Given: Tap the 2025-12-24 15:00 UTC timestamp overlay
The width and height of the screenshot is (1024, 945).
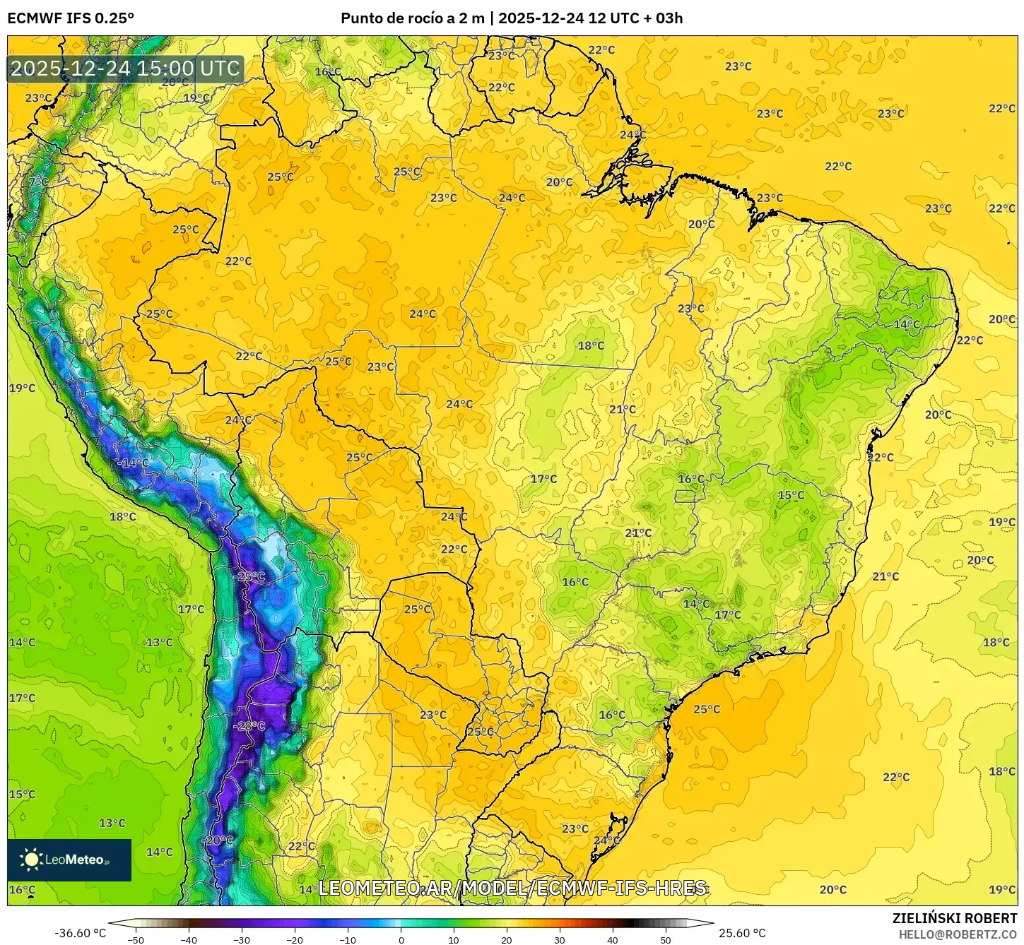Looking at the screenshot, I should point(125,69).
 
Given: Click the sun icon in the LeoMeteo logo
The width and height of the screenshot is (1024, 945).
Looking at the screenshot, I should point(31,860).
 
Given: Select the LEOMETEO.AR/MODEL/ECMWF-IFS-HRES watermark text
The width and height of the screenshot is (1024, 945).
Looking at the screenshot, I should point(512,888).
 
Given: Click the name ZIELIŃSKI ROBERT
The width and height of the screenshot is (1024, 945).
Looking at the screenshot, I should point(955,918).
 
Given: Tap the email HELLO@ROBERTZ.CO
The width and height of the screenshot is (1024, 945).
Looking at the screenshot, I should point(958,934).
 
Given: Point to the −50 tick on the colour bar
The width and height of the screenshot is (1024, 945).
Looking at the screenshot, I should point(135,940).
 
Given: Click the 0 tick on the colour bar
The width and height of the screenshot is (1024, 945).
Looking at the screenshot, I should point(401,940).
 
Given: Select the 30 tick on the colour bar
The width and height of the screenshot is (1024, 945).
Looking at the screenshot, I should point(560,940).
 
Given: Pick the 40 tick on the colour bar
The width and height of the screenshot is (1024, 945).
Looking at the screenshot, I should point(613,940).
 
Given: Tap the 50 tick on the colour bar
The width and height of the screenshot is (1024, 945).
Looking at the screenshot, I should point(666,940).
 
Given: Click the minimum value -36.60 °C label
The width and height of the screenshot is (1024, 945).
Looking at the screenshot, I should point(80,933).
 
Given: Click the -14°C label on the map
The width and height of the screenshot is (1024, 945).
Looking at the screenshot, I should point(132,463).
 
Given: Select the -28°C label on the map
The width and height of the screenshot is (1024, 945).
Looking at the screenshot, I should point(249,726).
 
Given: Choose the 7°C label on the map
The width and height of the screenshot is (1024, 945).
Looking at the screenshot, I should point(39,182).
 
